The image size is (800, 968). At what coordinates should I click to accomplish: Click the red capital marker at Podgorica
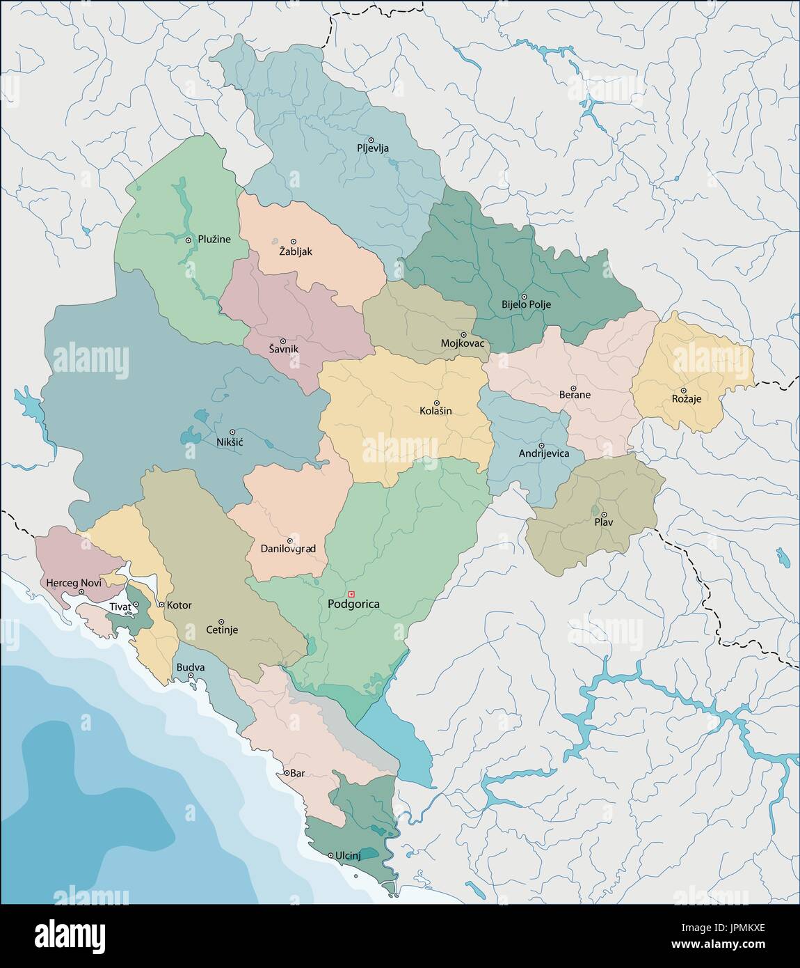351,593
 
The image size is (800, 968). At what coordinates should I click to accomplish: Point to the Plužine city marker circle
189,240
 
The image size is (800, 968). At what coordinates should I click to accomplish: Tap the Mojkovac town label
463,343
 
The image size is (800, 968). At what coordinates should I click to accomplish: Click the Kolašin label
436,411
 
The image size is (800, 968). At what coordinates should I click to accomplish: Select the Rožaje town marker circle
683,390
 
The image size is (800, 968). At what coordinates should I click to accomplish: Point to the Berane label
575,395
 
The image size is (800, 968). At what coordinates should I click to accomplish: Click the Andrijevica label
543,453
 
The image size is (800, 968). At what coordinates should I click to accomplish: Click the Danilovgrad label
288,549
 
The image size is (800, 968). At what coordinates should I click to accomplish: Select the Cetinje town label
222,630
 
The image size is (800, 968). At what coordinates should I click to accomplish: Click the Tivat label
120,607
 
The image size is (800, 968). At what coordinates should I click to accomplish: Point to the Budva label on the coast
190,667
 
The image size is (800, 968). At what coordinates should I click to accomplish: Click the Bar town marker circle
286,773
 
